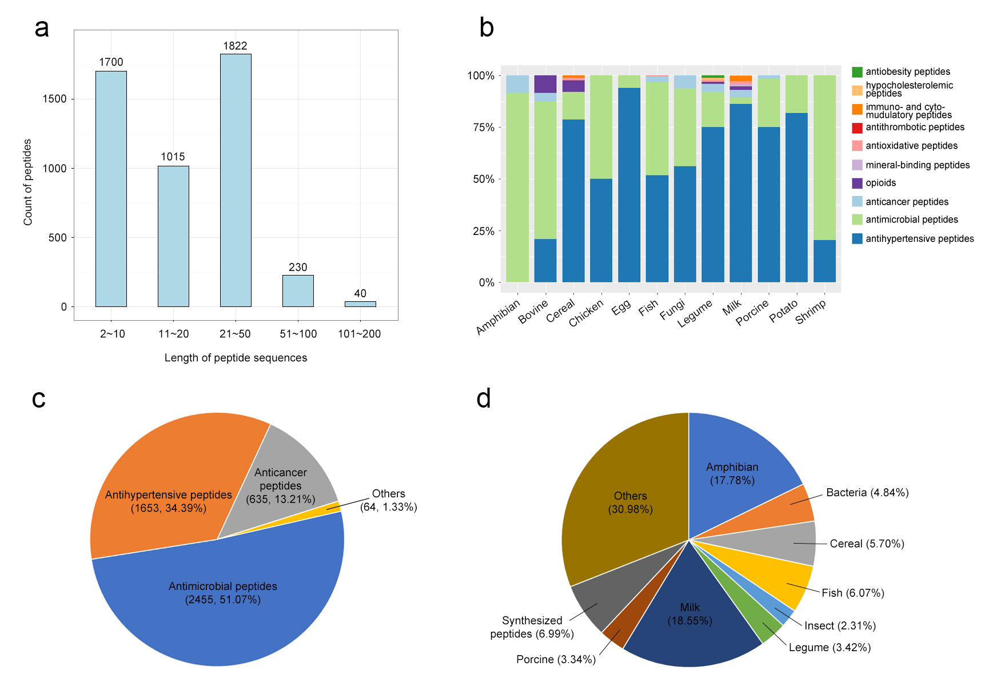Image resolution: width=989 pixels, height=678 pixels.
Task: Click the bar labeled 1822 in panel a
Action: click(x=236, y=180)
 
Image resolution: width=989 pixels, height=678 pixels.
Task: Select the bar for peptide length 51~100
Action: click(x=298, y=291)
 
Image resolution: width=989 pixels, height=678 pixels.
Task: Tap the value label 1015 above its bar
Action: click(x=173, y=157)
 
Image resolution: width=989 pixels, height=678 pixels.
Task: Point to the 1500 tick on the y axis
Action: click(x=55, y=99)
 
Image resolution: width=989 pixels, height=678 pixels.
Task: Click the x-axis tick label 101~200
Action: click(x=359, y=334)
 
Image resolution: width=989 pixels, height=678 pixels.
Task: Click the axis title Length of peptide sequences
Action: click(x=236, y=358)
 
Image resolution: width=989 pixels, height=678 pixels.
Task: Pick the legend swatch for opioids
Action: click(x=857, y=184)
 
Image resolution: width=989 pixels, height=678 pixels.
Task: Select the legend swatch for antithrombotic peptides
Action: click(x=857, y=128)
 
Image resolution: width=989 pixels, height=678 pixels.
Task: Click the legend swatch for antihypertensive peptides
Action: click(x=857, y=238)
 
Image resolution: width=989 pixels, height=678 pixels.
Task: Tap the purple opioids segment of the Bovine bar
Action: click(x=545, y=84)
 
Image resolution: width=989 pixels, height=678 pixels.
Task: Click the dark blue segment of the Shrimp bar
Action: click(x=824, y=261)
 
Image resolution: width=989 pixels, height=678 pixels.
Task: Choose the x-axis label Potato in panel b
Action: click(x=783, y=312)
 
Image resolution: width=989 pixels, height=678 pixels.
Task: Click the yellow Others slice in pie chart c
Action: click(x=334, y=506)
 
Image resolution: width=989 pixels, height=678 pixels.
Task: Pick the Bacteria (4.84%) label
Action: click(x=867, y=493)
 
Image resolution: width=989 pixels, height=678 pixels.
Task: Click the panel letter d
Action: click(x=484, y=398)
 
